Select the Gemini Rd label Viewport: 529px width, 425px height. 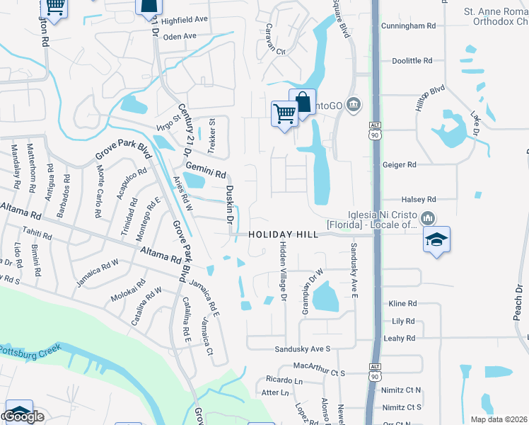[x=206, y=170]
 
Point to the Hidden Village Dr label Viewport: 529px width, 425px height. [x=282, y=272]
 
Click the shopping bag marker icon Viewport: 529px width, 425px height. [x=302, y=102]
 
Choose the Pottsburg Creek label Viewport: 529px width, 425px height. [x=28, y=351]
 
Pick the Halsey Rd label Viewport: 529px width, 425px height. [x=419, y=200]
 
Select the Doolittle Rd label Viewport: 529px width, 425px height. [x=412, y=61]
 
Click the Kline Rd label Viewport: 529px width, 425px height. [x=403, y=303]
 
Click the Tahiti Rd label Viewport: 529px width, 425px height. [x=37, y=234]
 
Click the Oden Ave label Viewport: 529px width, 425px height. [x=180, y=36]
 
